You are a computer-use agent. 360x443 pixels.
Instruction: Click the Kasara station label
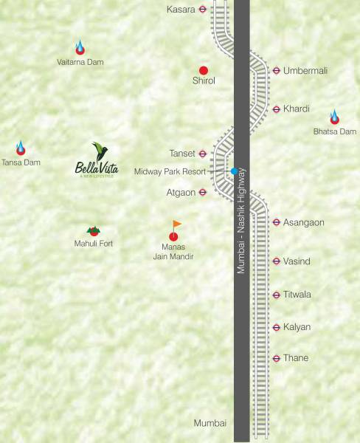(x=181, y=10)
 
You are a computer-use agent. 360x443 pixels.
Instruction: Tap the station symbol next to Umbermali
(x=276, y=71)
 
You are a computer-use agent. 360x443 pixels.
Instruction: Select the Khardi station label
(x=297, y=109)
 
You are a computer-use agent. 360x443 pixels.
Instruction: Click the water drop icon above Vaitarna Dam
(x=80, y=47)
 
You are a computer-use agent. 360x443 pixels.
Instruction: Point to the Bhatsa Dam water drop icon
(x=335, y=117)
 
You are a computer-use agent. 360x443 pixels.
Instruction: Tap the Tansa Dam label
(x=21, y=162)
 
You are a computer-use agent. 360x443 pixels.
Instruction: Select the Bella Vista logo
(x=97, y=161)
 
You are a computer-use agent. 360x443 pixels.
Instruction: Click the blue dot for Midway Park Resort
(x=234, y=171)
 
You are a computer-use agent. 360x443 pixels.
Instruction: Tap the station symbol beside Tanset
(x=203, y=154)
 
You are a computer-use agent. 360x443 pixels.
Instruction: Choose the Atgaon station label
(x=181, y=193)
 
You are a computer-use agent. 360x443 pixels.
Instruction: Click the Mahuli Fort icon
(x=94, y=231)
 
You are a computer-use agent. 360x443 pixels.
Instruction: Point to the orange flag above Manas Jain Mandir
(x=176, y=224)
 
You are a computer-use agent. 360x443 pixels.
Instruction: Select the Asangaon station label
(x=304, y=222)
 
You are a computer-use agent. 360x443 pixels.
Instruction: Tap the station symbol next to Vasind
(x=276, y=261)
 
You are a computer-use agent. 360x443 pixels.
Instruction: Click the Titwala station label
(x=297, y=295)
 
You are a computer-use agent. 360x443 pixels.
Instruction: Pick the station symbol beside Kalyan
(x=276, y=327)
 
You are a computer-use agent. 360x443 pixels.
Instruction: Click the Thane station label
(x=296, y=358)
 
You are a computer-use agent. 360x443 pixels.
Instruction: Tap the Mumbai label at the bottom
(x=210, y=423)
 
